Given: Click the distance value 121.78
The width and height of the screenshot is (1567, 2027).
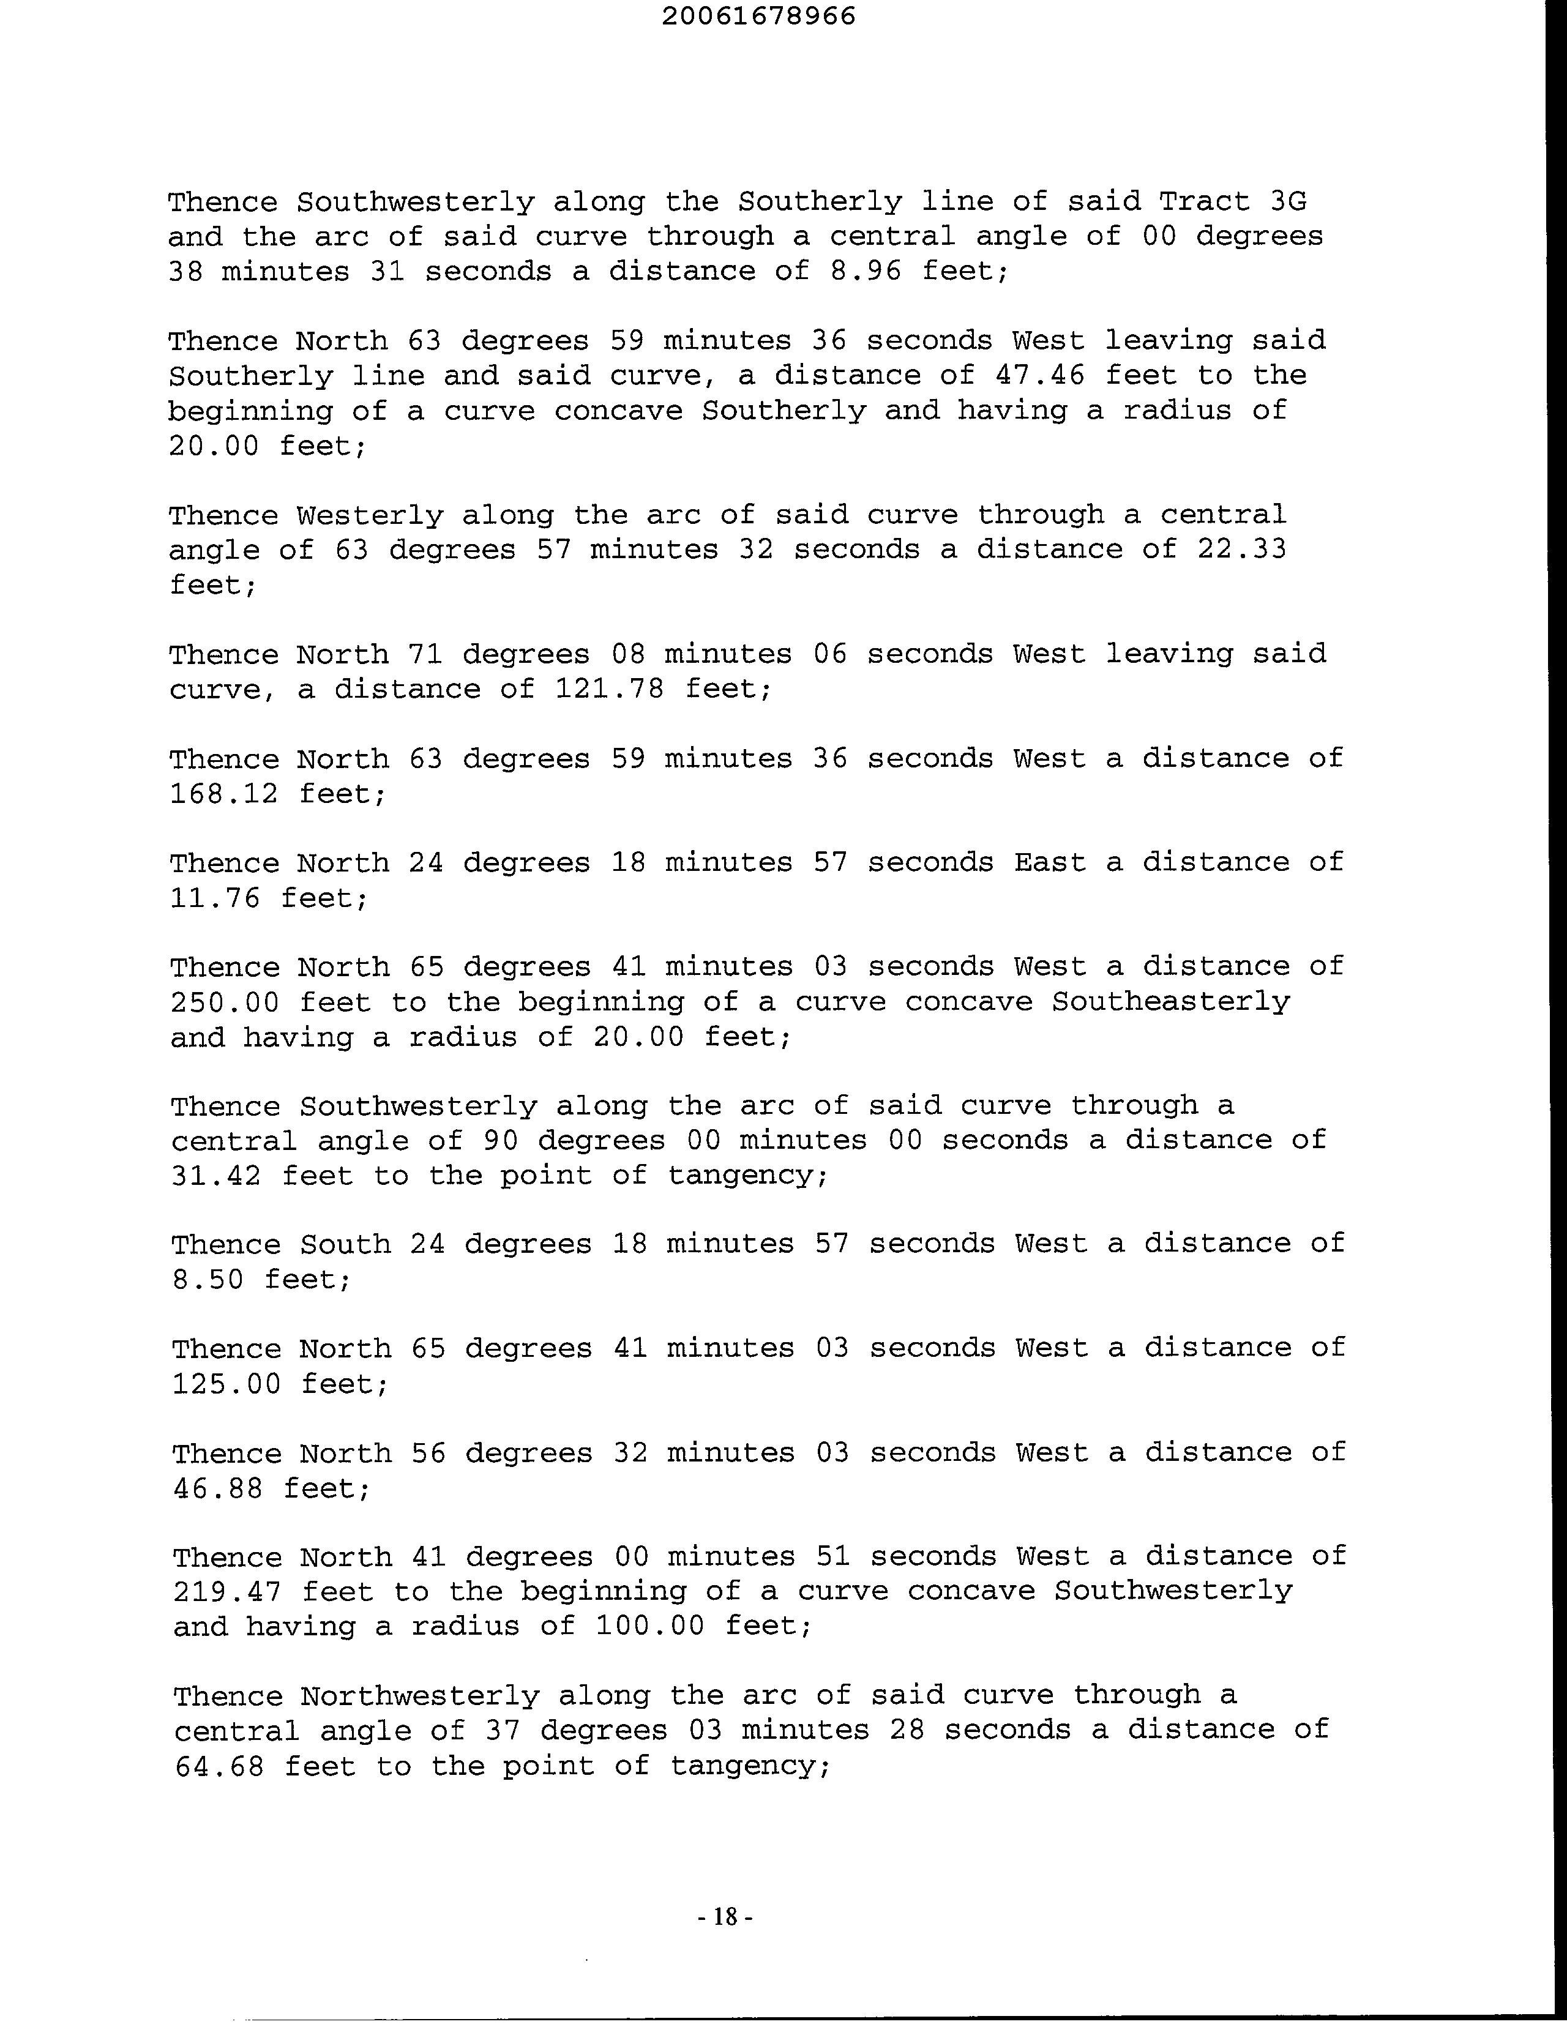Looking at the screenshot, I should tap(609, 689).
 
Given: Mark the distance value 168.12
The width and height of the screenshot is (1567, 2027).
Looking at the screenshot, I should tap(223, 794).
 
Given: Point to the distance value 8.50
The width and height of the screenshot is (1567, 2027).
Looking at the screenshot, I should tap(208, 1280).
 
